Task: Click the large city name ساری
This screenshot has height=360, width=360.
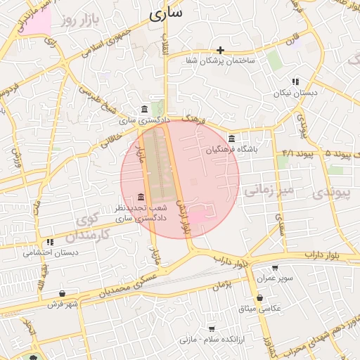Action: [166, 12]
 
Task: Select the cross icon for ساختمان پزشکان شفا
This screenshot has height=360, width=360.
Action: [220, 50]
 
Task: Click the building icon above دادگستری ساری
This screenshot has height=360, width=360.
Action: [144, 109]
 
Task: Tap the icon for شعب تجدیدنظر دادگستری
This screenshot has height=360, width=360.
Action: [141, 196]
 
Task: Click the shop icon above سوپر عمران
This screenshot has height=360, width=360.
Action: [274, 268]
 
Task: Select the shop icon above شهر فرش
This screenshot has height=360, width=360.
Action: [63, 293]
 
